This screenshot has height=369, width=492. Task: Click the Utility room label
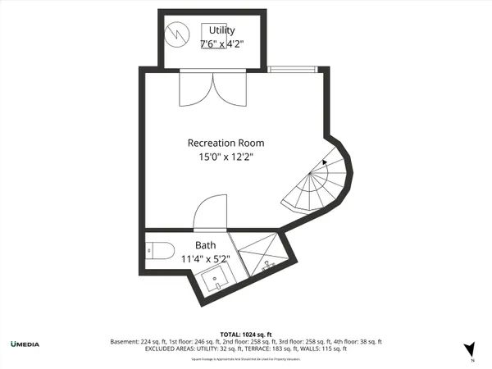(x=221, y=30)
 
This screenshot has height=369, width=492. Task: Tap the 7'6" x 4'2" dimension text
(x=221, y=44)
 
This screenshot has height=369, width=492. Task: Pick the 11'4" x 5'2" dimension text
(x=205, y=259)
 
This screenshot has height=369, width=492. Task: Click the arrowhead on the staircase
(x=326, y=162)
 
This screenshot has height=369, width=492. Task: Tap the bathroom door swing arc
(x=211, y=212)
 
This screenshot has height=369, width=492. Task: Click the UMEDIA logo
(x=25, y=343)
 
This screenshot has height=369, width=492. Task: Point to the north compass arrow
(x=470, y=349)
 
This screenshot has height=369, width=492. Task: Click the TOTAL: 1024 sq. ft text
(x=245, y=334)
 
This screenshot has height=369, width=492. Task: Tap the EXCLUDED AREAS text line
(x=246, y=348)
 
